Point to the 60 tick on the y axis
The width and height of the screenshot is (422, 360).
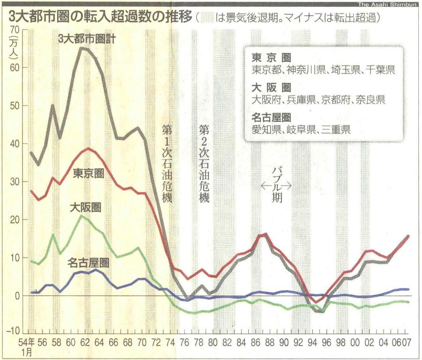[14, 67]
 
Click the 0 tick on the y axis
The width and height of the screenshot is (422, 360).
[16, 296]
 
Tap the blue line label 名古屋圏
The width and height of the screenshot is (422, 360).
[89, 262]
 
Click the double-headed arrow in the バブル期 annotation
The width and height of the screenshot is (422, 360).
[276, 186]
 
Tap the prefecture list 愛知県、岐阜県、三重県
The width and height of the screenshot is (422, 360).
[301, 129]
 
